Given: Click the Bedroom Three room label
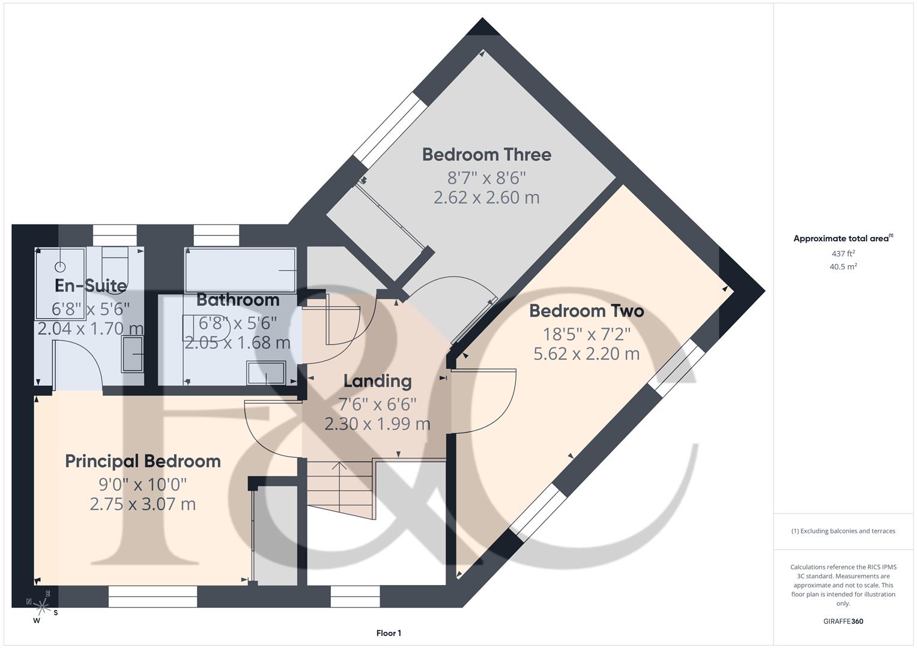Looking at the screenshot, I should pyautogui.click(x=486, y=155).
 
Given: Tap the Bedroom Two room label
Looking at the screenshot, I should pyautogui.click(x=586, y=311).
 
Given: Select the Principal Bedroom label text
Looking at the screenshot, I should pyautogui.click(x=143, y=461).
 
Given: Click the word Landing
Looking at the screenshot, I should pyautogui.click(x=377, y=381).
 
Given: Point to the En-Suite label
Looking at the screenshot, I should pyautogui.click(x=91, y=286).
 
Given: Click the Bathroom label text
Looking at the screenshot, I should pyautogui.click(x=238, y=299).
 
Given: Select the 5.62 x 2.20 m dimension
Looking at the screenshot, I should pyautogui.click(x=586, y=354).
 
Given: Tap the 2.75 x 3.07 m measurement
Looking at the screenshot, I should pyautogui.click(x=143, y=504).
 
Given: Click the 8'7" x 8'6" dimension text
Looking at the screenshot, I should pyautogui.click(x=486, y=178).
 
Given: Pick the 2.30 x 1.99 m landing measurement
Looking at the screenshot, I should pyautogui.click(x=377, y=424).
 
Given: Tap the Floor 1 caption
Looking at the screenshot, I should pyautogui.click(x=389, y=633).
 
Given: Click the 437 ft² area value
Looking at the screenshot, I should pyautogui.click(x=843, y=254).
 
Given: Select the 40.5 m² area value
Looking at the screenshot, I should pyautogui.click(x=843, y=267).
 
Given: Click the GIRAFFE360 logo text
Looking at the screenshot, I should pyautogui.click(x=843, y=622).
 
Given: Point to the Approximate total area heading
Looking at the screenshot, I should pyautogui.click(x=843, y=239).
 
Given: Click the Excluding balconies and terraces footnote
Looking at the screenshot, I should pyautogui.click(x=843, y=531).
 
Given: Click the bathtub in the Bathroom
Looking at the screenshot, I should pyautogui.click(x=240, y=271).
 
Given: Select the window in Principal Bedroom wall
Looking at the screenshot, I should pyautogui.click(x=153, y=592).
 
